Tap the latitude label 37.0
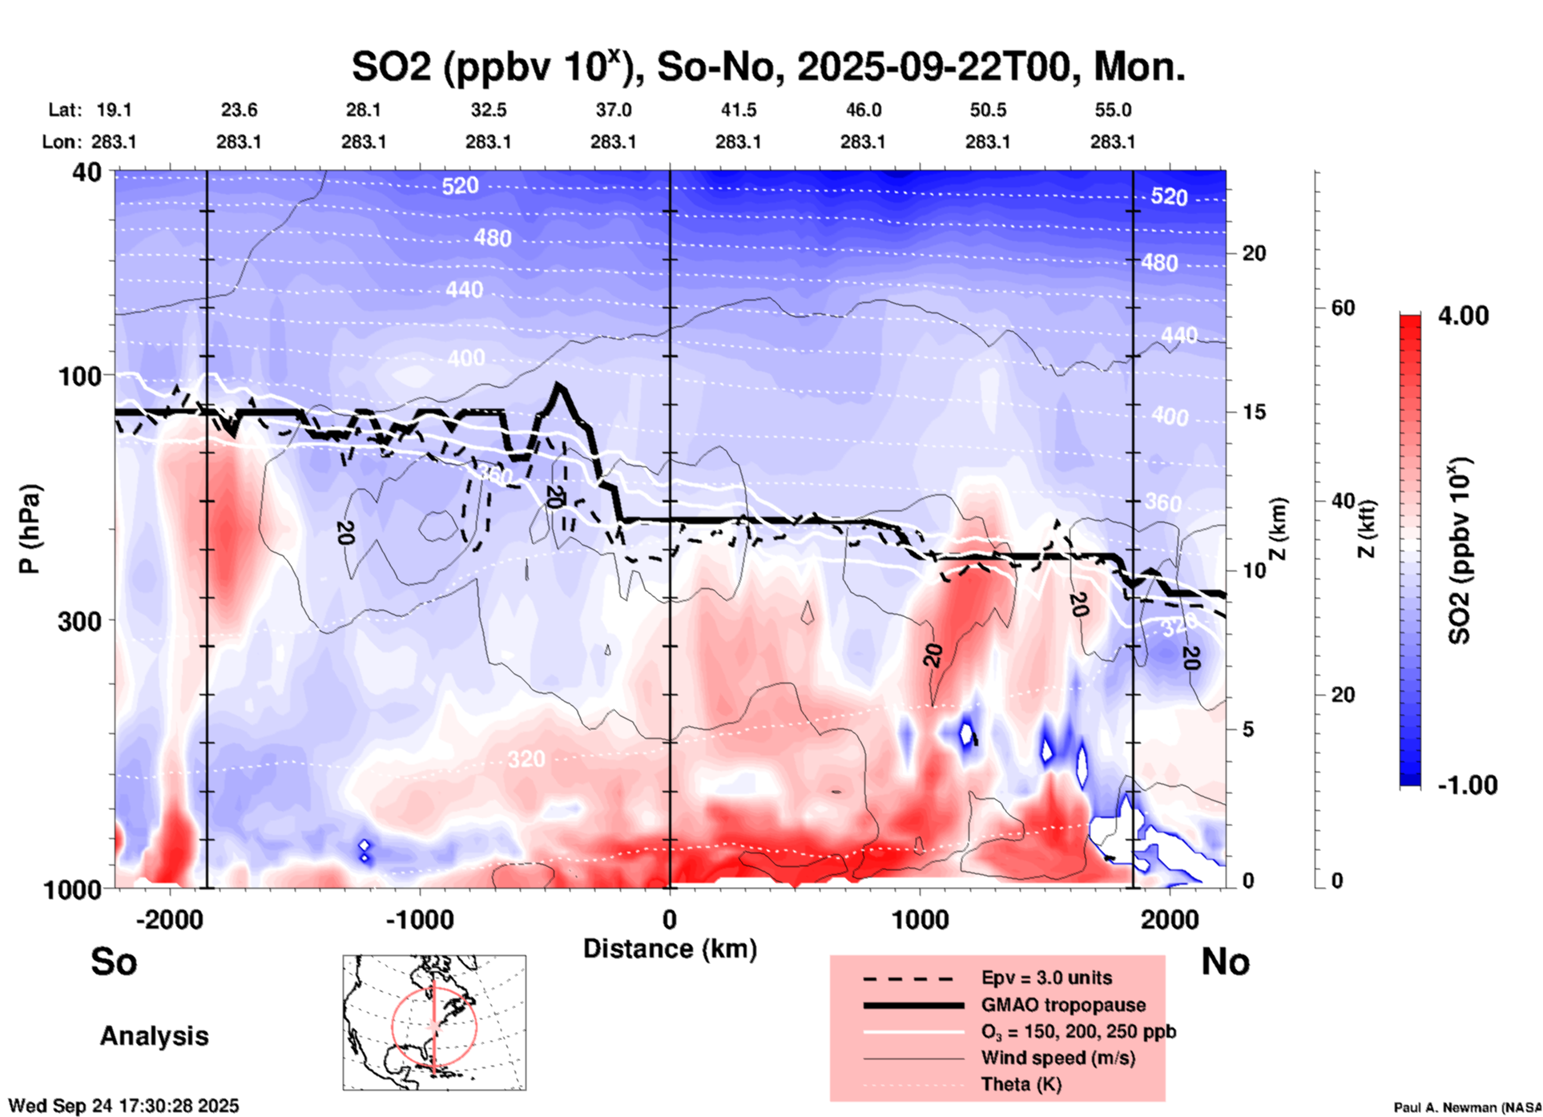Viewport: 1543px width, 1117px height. tap(613, 110)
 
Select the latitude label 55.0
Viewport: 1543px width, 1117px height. tap(1112, 110)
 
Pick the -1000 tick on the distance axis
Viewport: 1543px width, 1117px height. tap(420, 920)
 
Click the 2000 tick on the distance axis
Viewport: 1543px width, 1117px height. tap(1170, 920)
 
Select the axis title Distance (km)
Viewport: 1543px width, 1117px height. tap(670, 949)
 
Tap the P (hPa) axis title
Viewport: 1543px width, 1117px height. tap(30, 529)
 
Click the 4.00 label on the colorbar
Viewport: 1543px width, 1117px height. tap(1463, 316)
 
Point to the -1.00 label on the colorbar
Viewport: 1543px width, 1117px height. tap(1466, 785)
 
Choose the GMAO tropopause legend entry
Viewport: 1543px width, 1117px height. tap(1063, 1005)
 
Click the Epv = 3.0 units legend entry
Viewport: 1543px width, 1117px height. tap(1046, 978)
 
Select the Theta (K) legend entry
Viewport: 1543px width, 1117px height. tap(1021, 1084)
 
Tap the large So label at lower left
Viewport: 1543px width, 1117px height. tap(114, 962)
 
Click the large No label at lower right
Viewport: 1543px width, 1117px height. tap(1225, 962)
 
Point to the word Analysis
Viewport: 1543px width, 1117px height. tap(154, 1036)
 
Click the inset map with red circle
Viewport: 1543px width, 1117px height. tap(434, 1022)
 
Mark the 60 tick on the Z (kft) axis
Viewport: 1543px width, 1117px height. tap(1343, 308)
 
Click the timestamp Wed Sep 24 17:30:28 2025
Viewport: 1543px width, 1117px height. tap(123, 1106)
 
